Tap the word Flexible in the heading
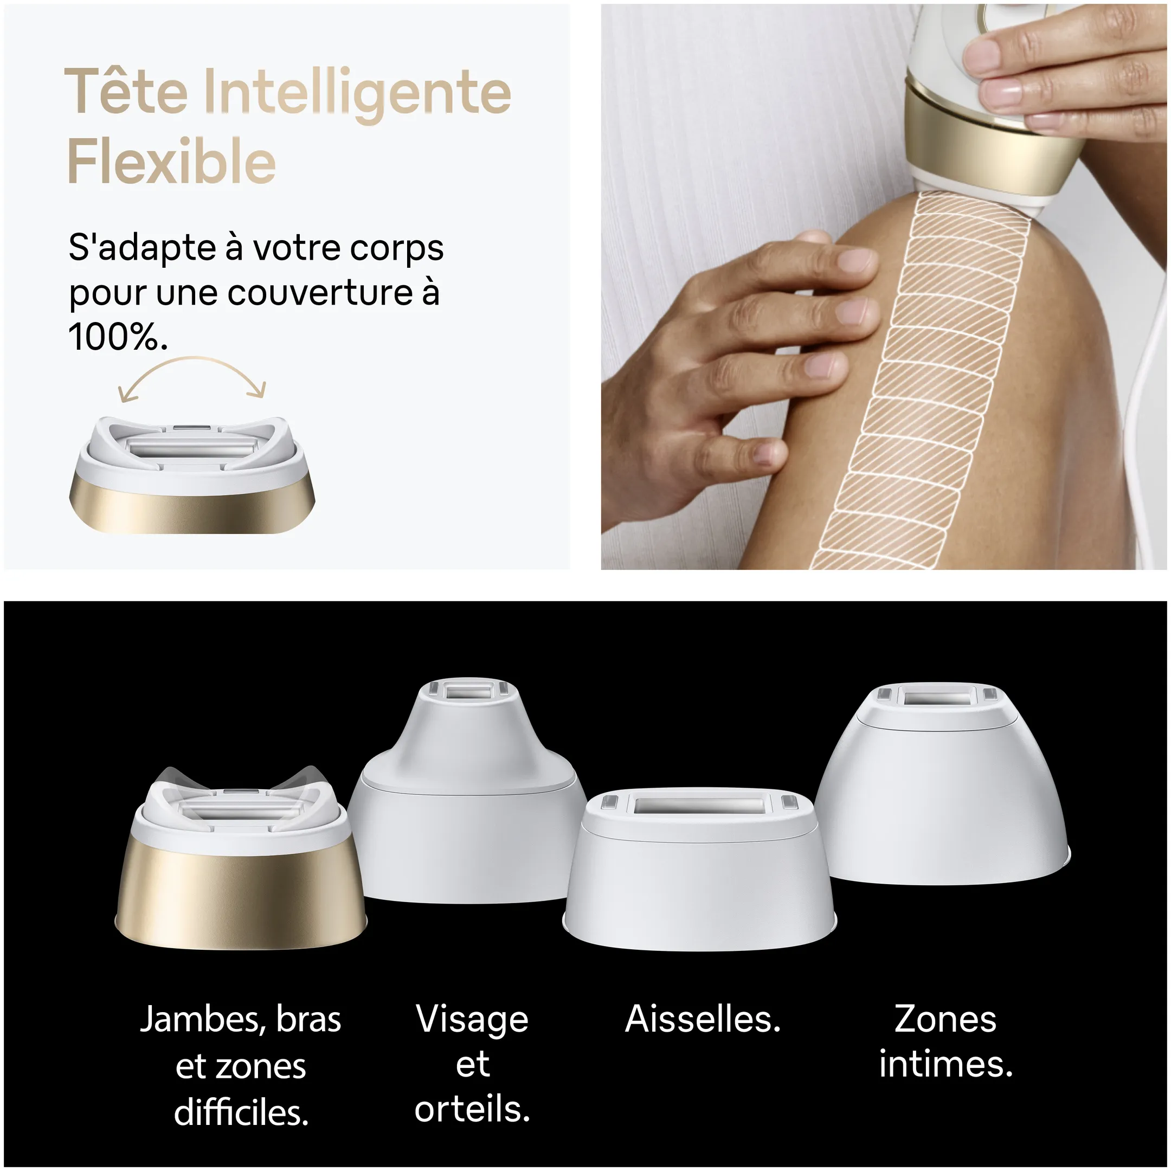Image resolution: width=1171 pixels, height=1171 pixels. point(171,161)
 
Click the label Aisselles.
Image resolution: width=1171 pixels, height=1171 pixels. point(703,1019)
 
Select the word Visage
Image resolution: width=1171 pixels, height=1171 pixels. point(472,1019)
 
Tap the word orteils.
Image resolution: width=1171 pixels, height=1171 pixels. point(472,1109)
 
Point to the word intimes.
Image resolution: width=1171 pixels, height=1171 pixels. point(945,1064)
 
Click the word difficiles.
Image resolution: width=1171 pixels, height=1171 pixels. point(241,1113)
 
